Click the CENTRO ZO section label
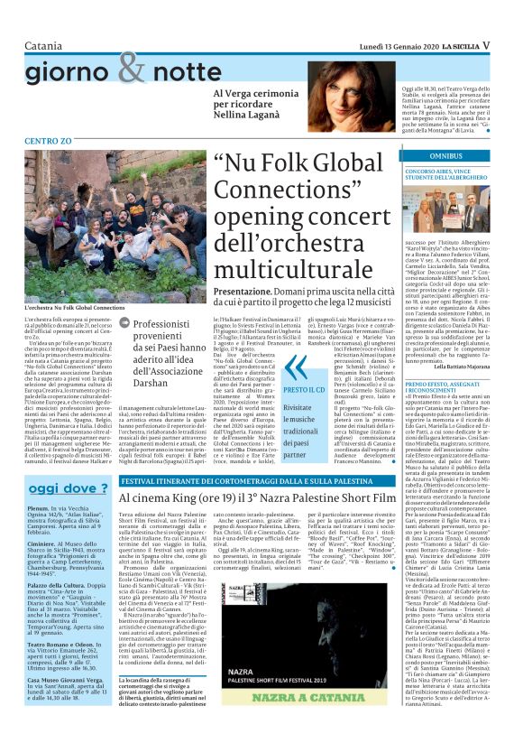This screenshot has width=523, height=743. [48, 141]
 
